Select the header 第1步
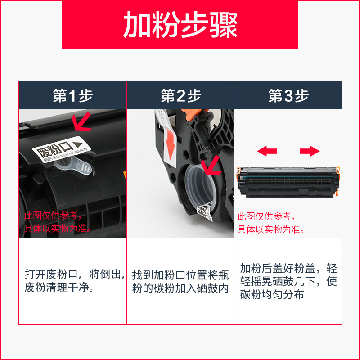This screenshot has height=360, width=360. [x=72, y=96]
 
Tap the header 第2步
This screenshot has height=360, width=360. [x=180, y=96]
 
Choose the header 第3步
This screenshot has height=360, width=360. [x=288, y=96]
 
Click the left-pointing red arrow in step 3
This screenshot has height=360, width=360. [x=267, y=151]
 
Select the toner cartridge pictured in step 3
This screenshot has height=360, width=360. [x=288, y=180]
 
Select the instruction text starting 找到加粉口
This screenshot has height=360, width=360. [x=180, y=281]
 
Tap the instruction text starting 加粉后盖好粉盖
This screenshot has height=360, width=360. [x=288, y=282]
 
